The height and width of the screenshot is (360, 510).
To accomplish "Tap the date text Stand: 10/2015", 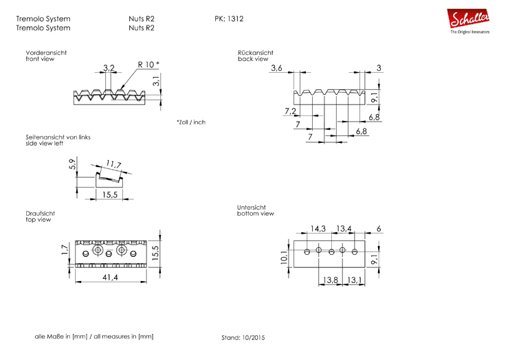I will pyautogui.click(x=243, y=338).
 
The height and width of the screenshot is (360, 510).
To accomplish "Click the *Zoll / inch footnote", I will pyautogui.click(x=190, y=122).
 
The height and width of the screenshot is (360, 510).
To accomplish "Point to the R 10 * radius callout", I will pyautogui.click(x=148, y=64).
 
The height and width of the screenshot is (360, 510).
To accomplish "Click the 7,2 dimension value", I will pyautogui.click(x=290, y=111).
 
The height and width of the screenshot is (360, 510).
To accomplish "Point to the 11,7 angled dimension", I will pyautogui.click(x=113, y=165).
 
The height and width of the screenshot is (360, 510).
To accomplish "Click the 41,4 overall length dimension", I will pyautogui.click(x=111, y=277).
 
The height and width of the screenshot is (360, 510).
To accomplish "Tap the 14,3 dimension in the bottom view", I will pyautogui.click(x=318, y=228).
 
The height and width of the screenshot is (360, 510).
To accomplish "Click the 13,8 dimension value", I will pyautogui.click(x=331, y=280).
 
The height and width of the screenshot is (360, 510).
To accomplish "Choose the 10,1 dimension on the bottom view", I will pyautogui.click(x=283, y=256).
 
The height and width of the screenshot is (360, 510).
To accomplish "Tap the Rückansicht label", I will pyautogui.click(x=256, y=53).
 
